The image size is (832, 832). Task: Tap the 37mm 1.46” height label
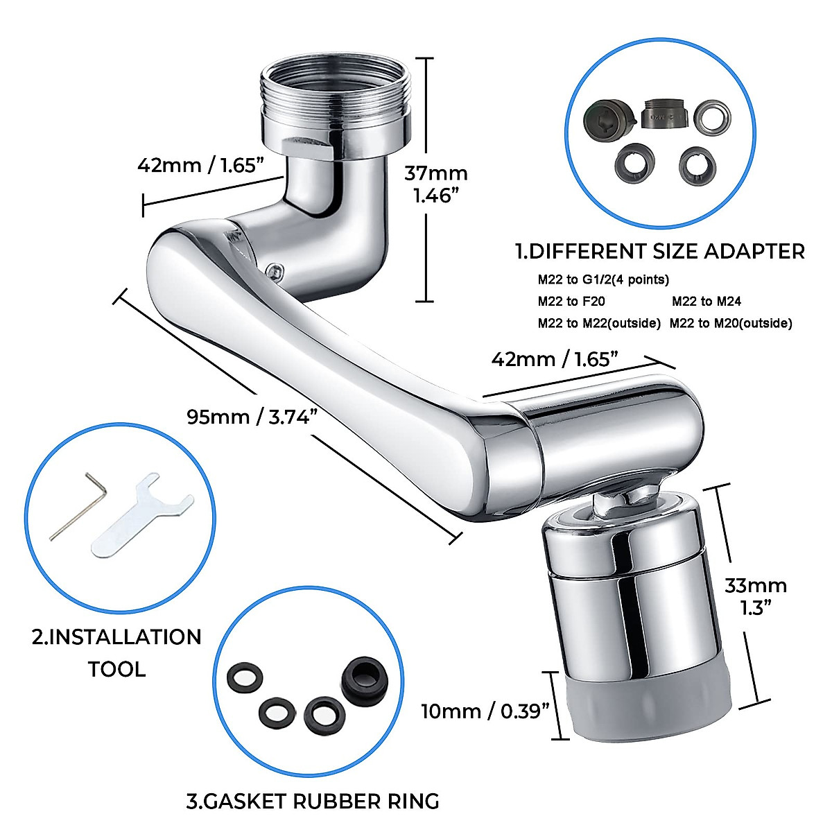click(x=435, y=184)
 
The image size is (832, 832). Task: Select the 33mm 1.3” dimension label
click(x=756, y=596)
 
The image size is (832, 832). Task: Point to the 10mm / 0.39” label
click(x=485, y=711)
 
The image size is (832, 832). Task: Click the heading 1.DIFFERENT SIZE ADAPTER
click(x=659, y=251)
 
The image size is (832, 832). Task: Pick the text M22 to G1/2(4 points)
click(x=603, y=279)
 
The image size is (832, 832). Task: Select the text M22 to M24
click(x=707, y=301)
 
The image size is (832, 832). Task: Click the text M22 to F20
click(x=571, y=301)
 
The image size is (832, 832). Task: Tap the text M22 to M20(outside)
click(x=731, y=322)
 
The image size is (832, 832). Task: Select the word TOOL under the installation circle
click(x=116, y=669)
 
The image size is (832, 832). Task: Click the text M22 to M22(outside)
click(x=599, y=322)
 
